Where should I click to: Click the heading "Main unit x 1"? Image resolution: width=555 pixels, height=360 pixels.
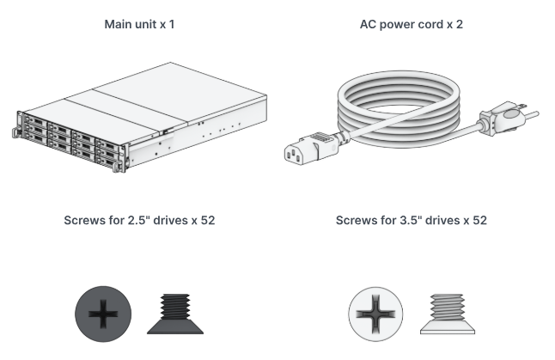pos(139,25)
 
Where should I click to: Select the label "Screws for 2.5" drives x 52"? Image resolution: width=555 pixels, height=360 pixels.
pos(139,221)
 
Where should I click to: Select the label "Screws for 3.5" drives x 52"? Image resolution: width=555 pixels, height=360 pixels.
pos(412,221)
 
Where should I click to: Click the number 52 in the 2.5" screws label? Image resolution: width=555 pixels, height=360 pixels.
pos(207,221)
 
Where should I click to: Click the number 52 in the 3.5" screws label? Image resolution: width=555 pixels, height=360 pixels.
pos(479,221)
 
